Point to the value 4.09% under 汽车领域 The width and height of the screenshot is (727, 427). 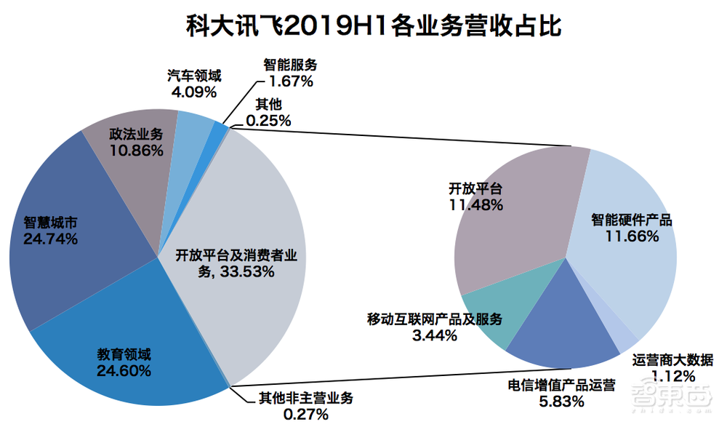pos(193,92)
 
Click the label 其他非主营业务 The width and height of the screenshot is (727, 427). pos(306,399)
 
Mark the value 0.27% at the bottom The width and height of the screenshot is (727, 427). pos(306,415)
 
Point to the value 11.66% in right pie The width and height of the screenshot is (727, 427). pos(632,236)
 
